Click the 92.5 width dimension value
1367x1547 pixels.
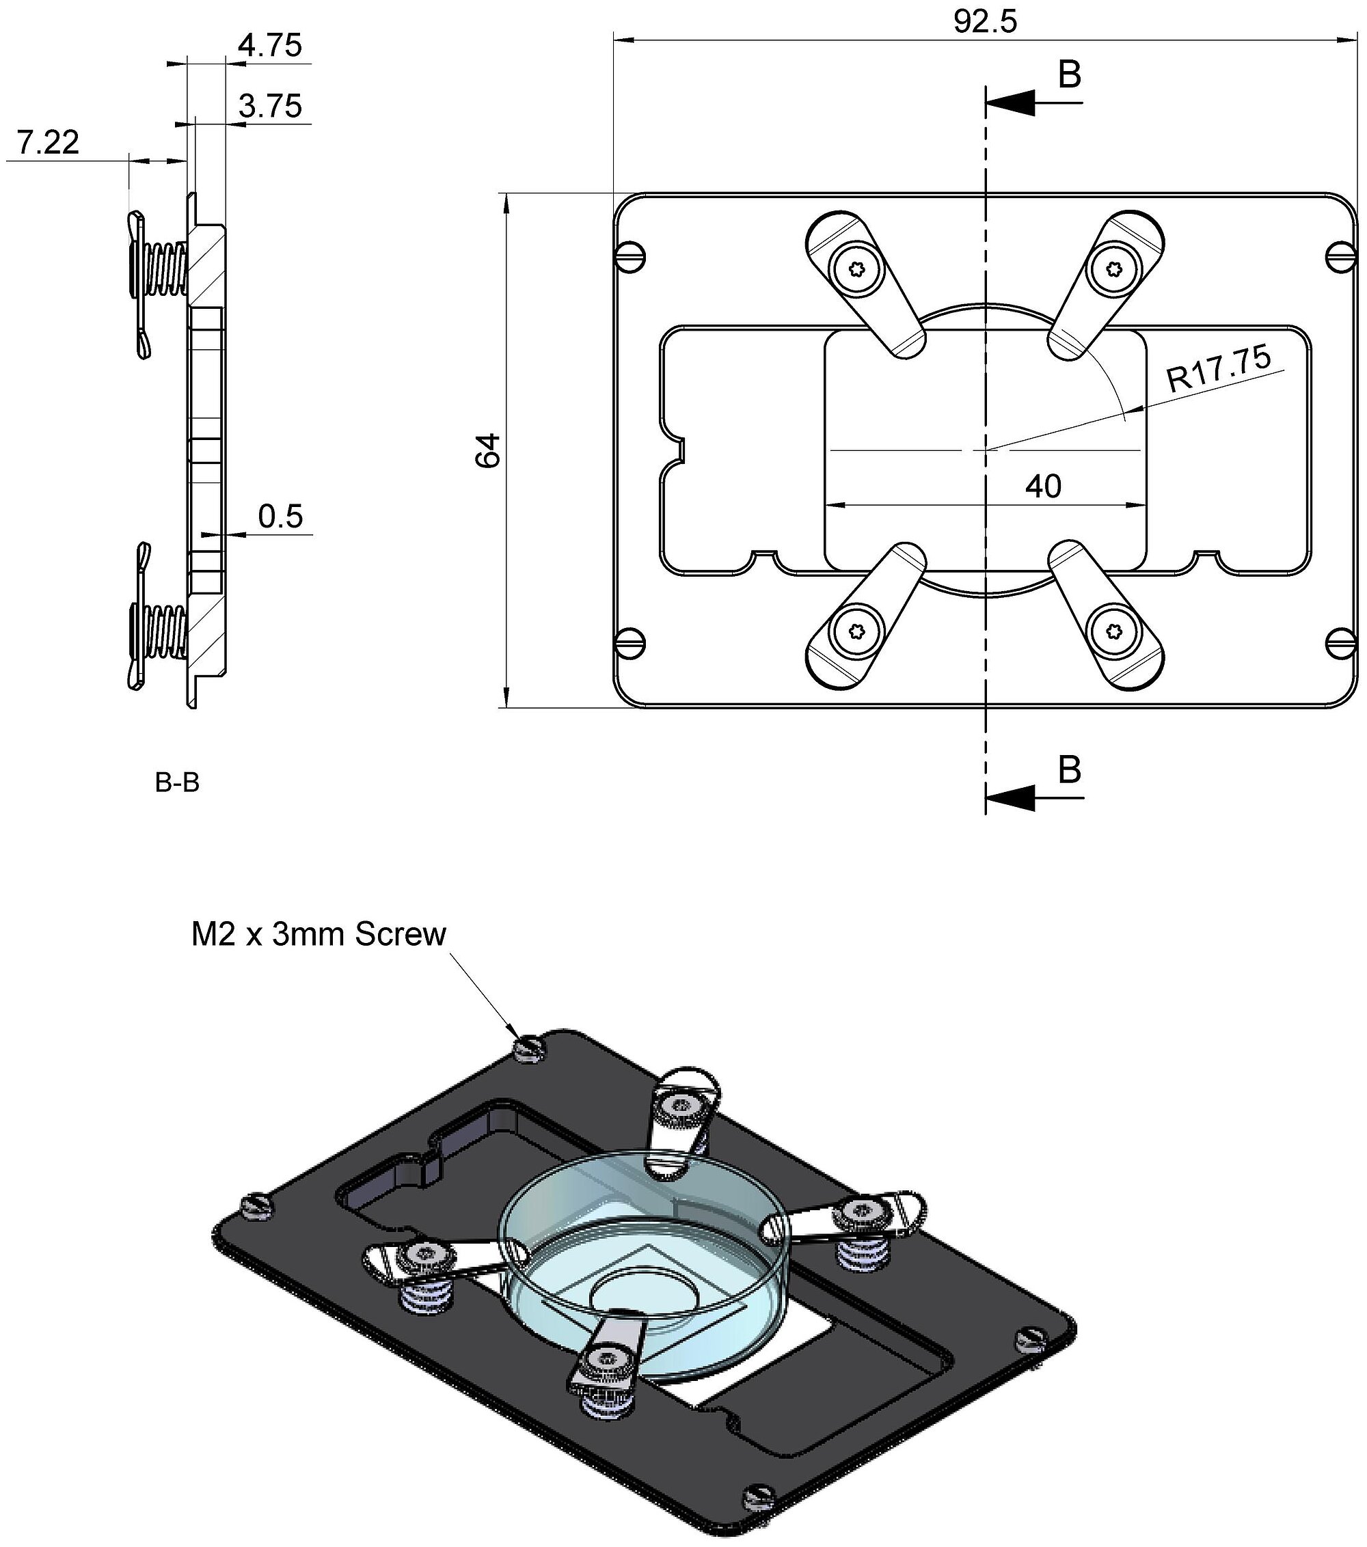985,22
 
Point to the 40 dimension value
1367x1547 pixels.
1043,487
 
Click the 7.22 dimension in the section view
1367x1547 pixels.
48,142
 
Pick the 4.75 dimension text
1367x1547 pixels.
269,45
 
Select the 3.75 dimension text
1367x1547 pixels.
269,106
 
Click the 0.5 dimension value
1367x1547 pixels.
280,517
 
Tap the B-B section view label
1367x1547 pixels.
177,783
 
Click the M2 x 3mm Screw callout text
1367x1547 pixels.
319,935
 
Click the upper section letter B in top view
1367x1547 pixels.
1069,75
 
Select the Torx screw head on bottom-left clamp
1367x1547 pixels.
857,631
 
